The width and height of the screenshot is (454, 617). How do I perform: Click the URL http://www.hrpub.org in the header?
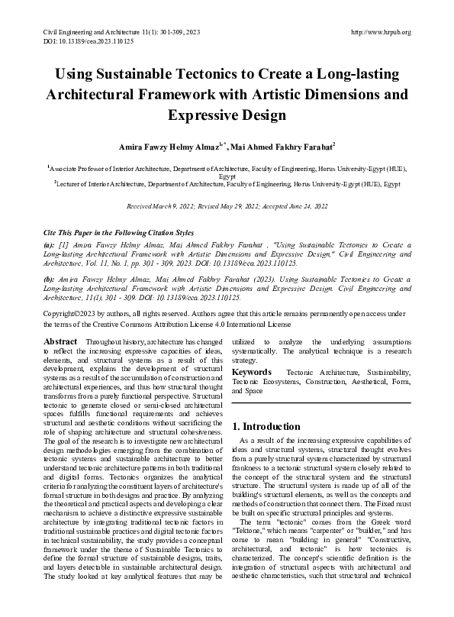[x=380, y=32]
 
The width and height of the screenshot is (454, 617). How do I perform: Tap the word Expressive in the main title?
[x=204, y=115]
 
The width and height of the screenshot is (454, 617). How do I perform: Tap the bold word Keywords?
[x=252, y=372]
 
